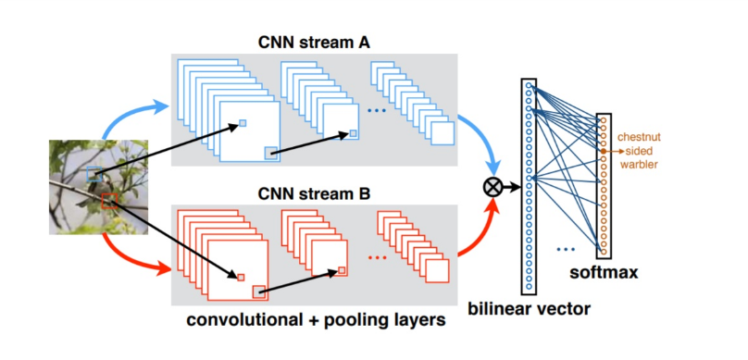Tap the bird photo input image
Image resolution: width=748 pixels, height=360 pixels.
click(x=98, y=186)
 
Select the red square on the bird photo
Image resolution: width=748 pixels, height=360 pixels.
click(x=109, y=200)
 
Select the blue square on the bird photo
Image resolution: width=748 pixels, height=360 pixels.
click(x=94, y=174)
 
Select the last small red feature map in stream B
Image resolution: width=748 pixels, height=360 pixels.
click(x=436, y=270)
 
